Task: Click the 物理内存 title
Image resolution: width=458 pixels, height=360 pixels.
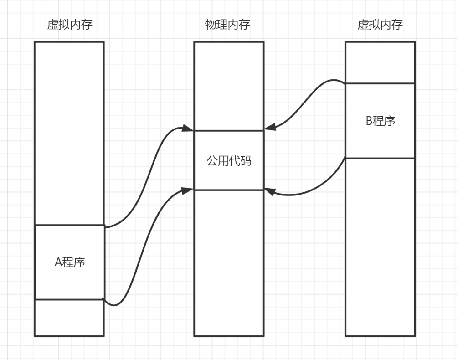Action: pyautogui.click(x=227, y=25)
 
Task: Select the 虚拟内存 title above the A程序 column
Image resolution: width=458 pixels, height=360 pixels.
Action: pyautogui.click(x=70, y=25)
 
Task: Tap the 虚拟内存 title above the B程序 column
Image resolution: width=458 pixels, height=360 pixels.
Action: pyautogui.click(x=380, y=25)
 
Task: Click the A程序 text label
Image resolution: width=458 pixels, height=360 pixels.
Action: pyautogui.click(x=70, y=262)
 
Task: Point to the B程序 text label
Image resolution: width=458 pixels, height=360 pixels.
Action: pyautogui.click(x=381, y=121)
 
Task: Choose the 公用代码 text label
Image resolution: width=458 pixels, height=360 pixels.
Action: pyautogui.click(x=229, y=161)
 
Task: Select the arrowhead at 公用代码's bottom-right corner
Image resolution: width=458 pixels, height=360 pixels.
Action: pyautogui.click(x=270, y=192)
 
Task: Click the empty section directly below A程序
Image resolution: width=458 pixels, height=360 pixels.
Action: pyautogui.click(x=70, y=318)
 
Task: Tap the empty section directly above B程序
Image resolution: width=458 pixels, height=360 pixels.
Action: pyautogui.click(x=380, y=63)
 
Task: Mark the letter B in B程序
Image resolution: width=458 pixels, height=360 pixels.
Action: pyautogui.click(x=370, y=122)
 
